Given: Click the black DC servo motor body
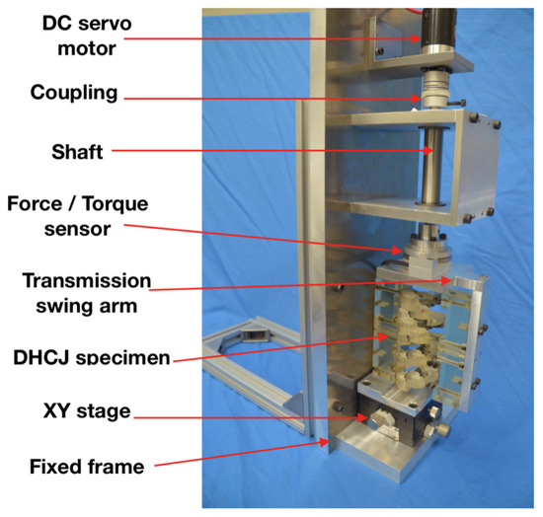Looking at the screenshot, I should [x=433, y=24].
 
